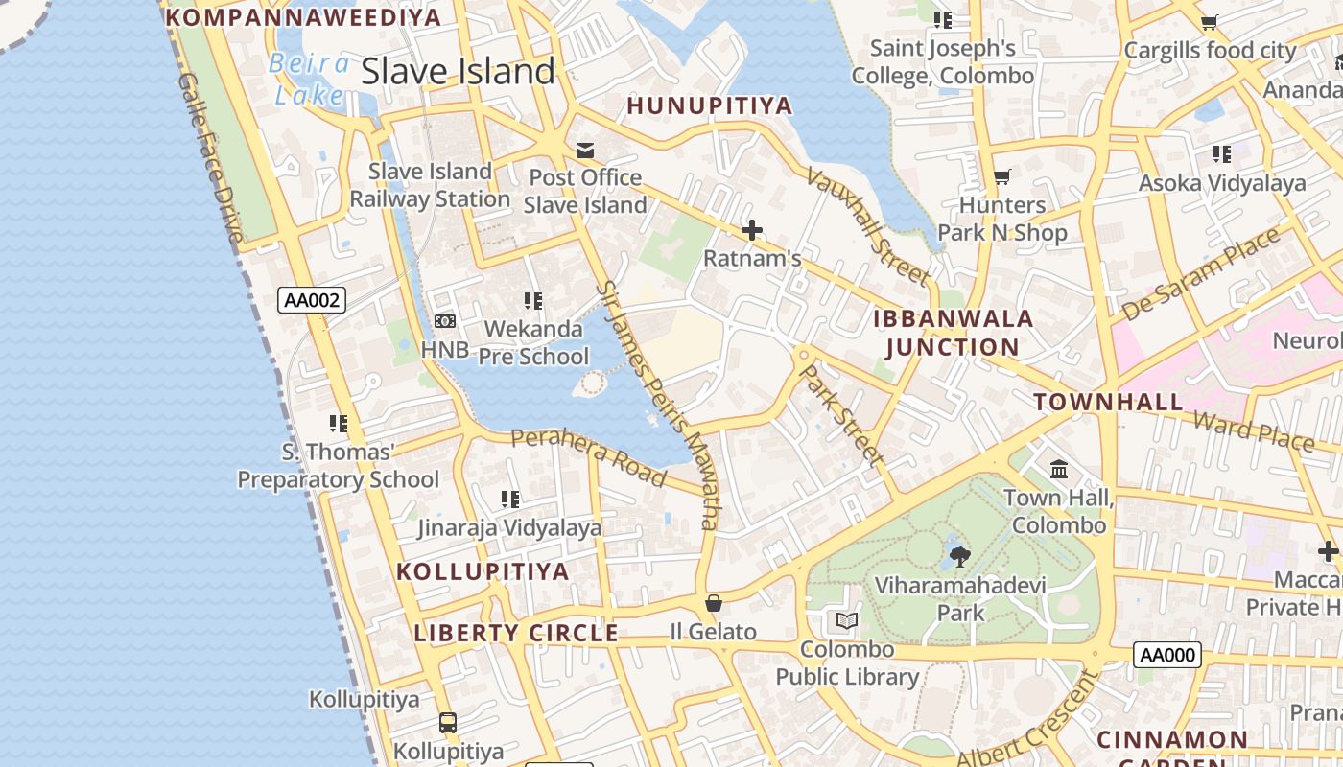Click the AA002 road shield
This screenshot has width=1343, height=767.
(x=311, y=300)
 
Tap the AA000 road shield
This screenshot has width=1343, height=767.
(x=1166, y=656)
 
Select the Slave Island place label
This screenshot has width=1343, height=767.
(x=458, y=71)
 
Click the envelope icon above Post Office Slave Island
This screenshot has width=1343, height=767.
(x=584, y=151)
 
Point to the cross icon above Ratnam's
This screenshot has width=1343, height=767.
(x=752, y=230)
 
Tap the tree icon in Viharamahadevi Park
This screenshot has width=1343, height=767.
(x=959, y=556)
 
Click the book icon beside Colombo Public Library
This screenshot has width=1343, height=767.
(x=846, y=621)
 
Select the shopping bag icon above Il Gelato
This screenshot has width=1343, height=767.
(x=713, y=603)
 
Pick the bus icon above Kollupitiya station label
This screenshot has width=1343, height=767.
(x=448, y=723)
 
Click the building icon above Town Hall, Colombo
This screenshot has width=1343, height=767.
(x=1059, y=470)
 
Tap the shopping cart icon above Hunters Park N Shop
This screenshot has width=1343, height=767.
(x=1002, y=176)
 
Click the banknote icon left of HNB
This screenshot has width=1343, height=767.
(x=444, y=321)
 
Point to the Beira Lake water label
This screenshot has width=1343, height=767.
(x=309, y=79)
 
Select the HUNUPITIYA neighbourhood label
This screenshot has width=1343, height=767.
(x=709, y=106)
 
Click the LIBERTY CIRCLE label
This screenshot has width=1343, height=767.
(x=516, y=633)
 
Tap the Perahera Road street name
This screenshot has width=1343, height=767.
(x=588, y=455)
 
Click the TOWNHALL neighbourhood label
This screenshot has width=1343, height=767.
(x=1108, y=402)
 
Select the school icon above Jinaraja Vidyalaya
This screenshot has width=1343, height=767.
(x=510, y=499)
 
